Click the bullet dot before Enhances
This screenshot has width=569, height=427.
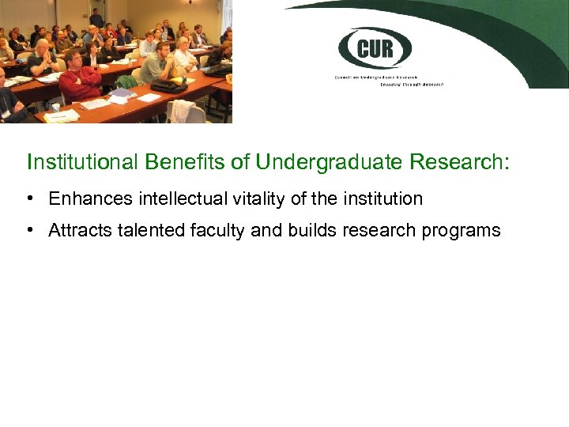click(29, 198)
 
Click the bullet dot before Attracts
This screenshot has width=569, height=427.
click(29, 230)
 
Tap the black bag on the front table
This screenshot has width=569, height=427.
click(168, 85)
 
